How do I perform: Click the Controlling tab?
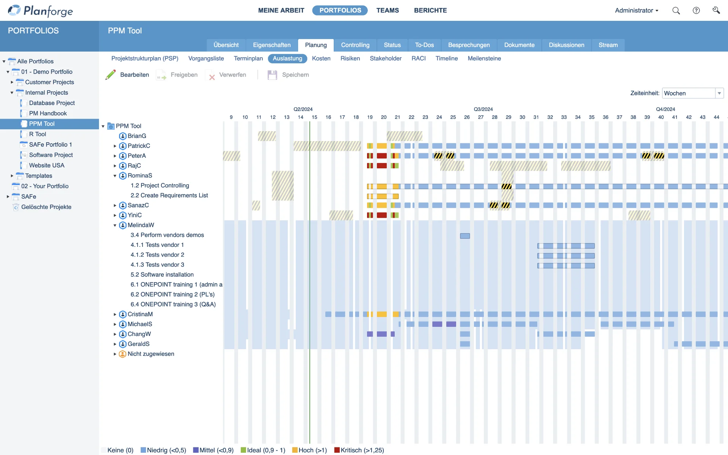(x=355, y=45)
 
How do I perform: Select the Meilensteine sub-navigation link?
(x=484, y=58)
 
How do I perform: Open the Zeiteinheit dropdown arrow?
(x=719, y=93)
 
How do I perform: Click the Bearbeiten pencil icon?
(x=110, y=75)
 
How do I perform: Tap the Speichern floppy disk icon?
(x=272, y=75)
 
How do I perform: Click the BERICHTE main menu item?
(x=430, y=10)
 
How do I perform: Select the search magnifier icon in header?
(x=676, y=11)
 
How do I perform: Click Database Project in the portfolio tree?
(x=52, y=103)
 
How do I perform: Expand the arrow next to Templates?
(x=12, y=176)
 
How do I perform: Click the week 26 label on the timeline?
(x=467, y=117)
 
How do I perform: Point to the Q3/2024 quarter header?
(x=483, y=109)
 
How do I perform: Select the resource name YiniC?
(x=135, y=215)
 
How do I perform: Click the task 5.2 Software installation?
(x=162, y=275)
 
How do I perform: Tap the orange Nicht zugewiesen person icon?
(x=122, y=354)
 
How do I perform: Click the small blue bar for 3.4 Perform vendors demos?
(x=465, y=236)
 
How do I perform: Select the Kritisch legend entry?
(x=359, y=450)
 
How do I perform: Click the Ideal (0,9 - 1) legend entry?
(x=263, y=450)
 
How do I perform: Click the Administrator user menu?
(x=636, y=11)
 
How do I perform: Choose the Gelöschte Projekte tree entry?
(x=46, y=207)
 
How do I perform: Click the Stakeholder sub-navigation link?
(x=386, y=58)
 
